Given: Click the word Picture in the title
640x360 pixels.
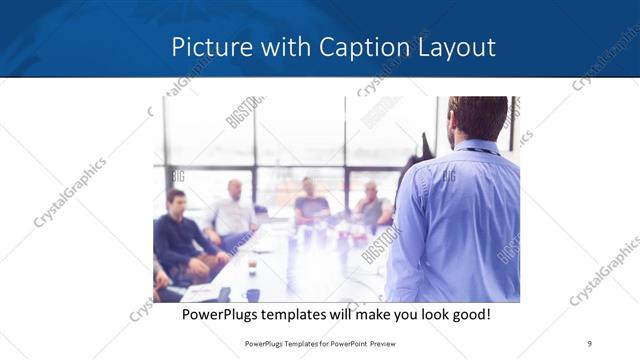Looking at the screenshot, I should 207,47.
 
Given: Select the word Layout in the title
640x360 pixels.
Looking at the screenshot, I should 459,47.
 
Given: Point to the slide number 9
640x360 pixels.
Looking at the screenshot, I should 590,342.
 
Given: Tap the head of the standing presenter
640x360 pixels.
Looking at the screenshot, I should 477,118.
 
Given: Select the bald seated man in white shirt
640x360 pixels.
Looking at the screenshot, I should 233,212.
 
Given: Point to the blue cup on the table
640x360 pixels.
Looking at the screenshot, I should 252,295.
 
